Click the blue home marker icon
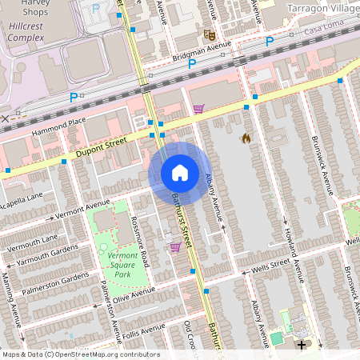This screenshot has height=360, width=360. click(x=180, y=173)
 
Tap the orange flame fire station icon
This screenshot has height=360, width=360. click(x=246, y=138)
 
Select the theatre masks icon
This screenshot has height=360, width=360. click(x=210, y=35)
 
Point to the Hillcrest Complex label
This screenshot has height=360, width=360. click(x=27, y=31)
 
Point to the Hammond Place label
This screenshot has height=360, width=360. click(x=58, y=125)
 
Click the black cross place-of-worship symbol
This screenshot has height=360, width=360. click(x=302, y=346)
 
